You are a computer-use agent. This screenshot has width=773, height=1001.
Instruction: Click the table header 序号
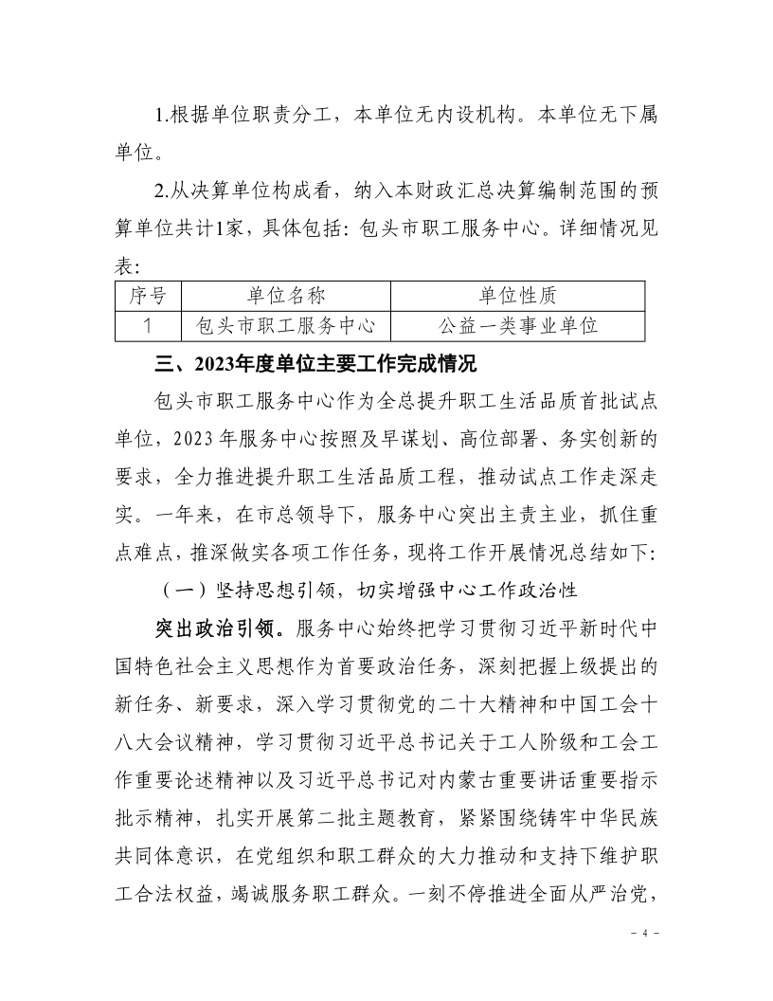click(148, 296)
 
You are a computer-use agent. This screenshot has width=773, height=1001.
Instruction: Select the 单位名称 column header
click(285, 296)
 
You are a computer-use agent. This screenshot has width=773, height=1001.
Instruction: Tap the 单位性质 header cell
click(517, 296)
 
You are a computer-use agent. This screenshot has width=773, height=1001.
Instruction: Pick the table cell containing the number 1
click(148, 325)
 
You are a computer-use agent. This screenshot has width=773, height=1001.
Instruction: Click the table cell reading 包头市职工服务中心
click(285, 325)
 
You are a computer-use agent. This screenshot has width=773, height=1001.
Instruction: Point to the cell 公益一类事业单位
click(517, 325)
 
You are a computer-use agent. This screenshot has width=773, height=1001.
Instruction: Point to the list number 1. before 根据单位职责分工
click(161, 116)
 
